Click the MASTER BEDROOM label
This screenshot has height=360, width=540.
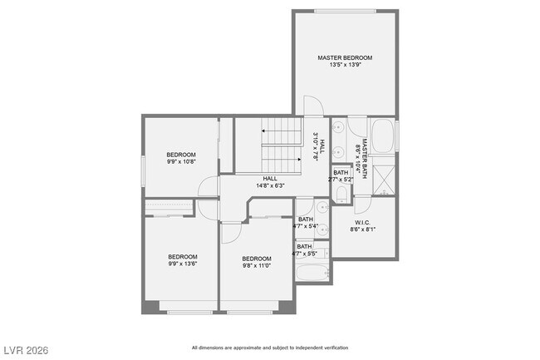pos(345,57)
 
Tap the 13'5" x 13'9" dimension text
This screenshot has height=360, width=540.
pos(345,65)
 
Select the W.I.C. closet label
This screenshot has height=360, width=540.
pos(362,222)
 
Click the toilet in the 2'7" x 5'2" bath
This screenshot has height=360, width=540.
pos(341,194)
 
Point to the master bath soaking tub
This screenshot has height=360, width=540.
pos(383,136)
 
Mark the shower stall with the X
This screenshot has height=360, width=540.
pos(384,180)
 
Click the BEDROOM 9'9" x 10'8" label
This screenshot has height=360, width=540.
pos(180,158)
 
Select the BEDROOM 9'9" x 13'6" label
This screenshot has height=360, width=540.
pos(183,259)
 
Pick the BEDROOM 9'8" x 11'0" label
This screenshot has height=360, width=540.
pos(257,262)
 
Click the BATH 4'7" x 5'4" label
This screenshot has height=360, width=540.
pos(305,222)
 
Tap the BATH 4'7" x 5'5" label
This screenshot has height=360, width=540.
pos(305,249)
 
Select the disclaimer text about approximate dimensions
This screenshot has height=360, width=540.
pos(270,348)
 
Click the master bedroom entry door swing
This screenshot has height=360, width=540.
pos(313,106)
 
